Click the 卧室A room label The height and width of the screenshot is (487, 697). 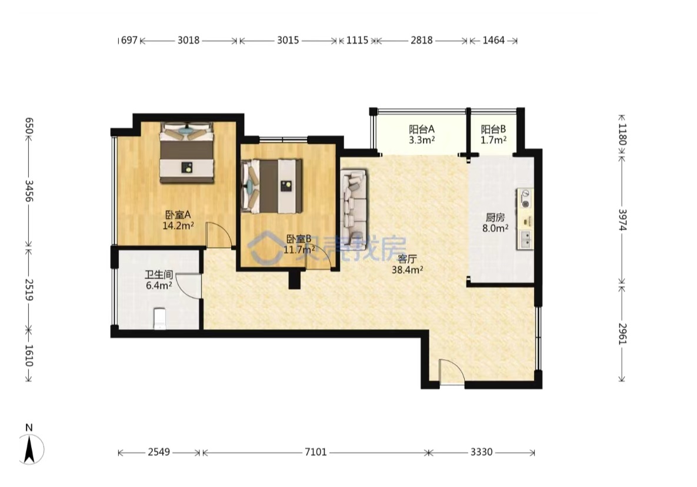click(x=178, y=214)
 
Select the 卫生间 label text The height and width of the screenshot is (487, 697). click(x=159, y=274)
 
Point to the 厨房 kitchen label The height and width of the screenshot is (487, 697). click(x=495, y=218)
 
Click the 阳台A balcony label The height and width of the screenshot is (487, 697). click(x=421, y=130)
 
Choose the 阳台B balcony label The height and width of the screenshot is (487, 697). click(x=493, y=130)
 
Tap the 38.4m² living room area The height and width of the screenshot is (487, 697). click(x=407, y=269)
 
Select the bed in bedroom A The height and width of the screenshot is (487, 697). click(x=186, y=153)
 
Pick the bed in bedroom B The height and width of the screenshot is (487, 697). click(x=272, y=186)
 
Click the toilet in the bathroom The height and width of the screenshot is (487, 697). click(x=160, y=319)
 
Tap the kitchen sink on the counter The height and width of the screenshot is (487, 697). click(x=525, y=240)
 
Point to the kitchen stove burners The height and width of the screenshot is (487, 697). click(x=525, y=199)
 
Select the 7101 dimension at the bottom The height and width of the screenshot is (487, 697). click(x=316, y=452)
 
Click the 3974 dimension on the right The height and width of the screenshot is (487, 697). click(x=622, y=220)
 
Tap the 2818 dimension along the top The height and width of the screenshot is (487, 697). click(x=421, y=40)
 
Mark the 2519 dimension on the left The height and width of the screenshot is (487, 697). click(x=29, y=290)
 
